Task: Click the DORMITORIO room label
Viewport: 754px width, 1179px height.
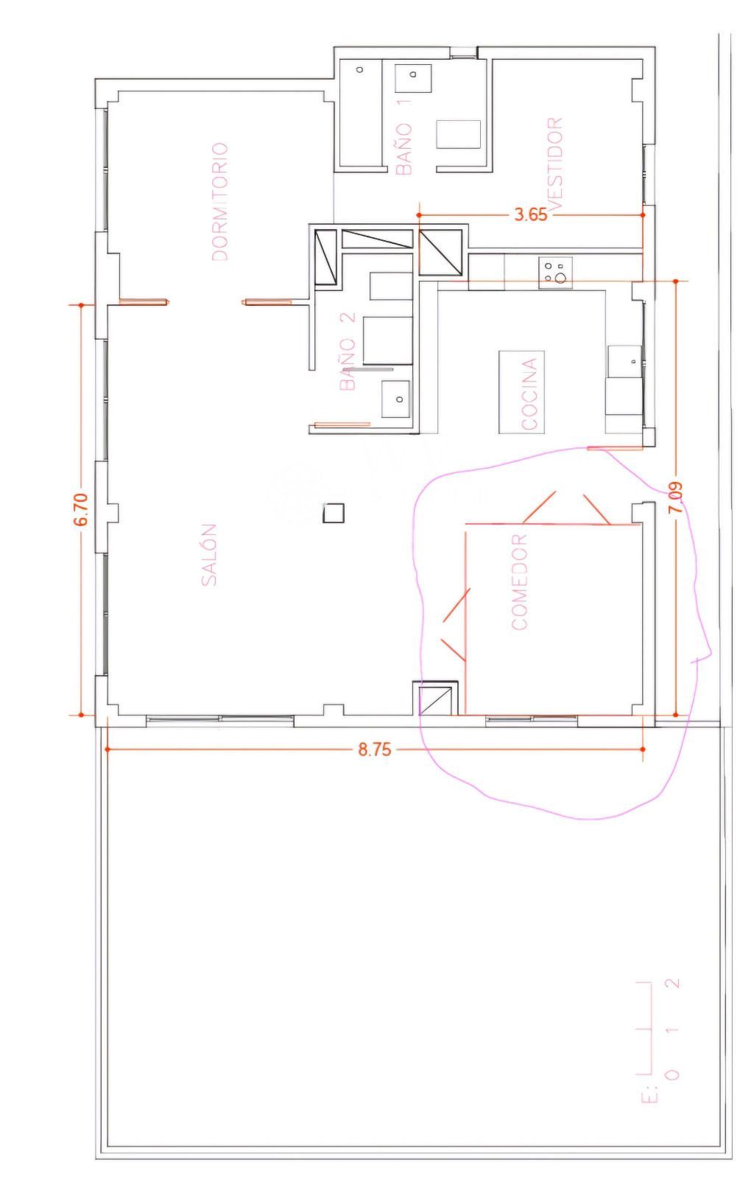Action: pyautogui.click(x=219, y=202)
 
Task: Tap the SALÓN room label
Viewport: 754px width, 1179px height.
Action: pyautogui.click(x=208, y=555)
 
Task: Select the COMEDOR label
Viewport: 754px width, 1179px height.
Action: pyautogui.click(x=519, y=582)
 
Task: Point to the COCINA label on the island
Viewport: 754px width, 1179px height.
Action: pyautogui.click(x=529, y=393)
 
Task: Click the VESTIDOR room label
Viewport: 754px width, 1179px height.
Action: pyautogui.click(x=554, y=164)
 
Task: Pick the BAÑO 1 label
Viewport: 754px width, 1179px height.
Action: pyautogui.click(x=404, y=136)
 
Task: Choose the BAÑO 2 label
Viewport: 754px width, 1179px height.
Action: pyautogui.click(x=348, y=351)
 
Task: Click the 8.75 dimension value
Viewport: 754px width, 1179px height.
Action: pyautogui.click(x=375, y=749)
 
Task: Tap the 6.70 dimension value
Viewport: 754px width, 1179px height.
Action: pyautogui.click(x=81, y=509)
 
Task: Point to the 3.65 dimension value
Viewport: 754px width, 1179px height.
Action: pyautogui.click(x=531, y=214)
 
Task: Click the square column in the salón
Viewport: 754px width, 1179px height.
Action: pyautogui.click(x=334, y=513)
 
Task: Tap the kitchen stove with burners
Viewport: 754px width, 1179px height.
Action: pyautogui.click(x=555, y=272)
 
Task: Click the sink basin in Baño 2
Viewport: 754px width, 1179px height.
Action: pyautogui.click(x=395, y=399)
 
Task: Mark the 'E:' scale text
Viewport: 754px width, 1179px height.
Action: pyautogui.click(x=649, y=1093)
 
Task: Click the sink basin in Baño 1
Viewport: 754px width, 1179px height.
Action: pyautogui.click(x=413, y=78)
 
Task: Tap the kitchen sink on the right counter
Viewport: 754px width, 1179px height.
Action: pyautogui.click(x=624, y=361)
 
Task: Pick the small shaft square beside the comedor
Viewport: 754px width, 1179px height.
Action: pyautogui.click(x=435, y=699)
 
